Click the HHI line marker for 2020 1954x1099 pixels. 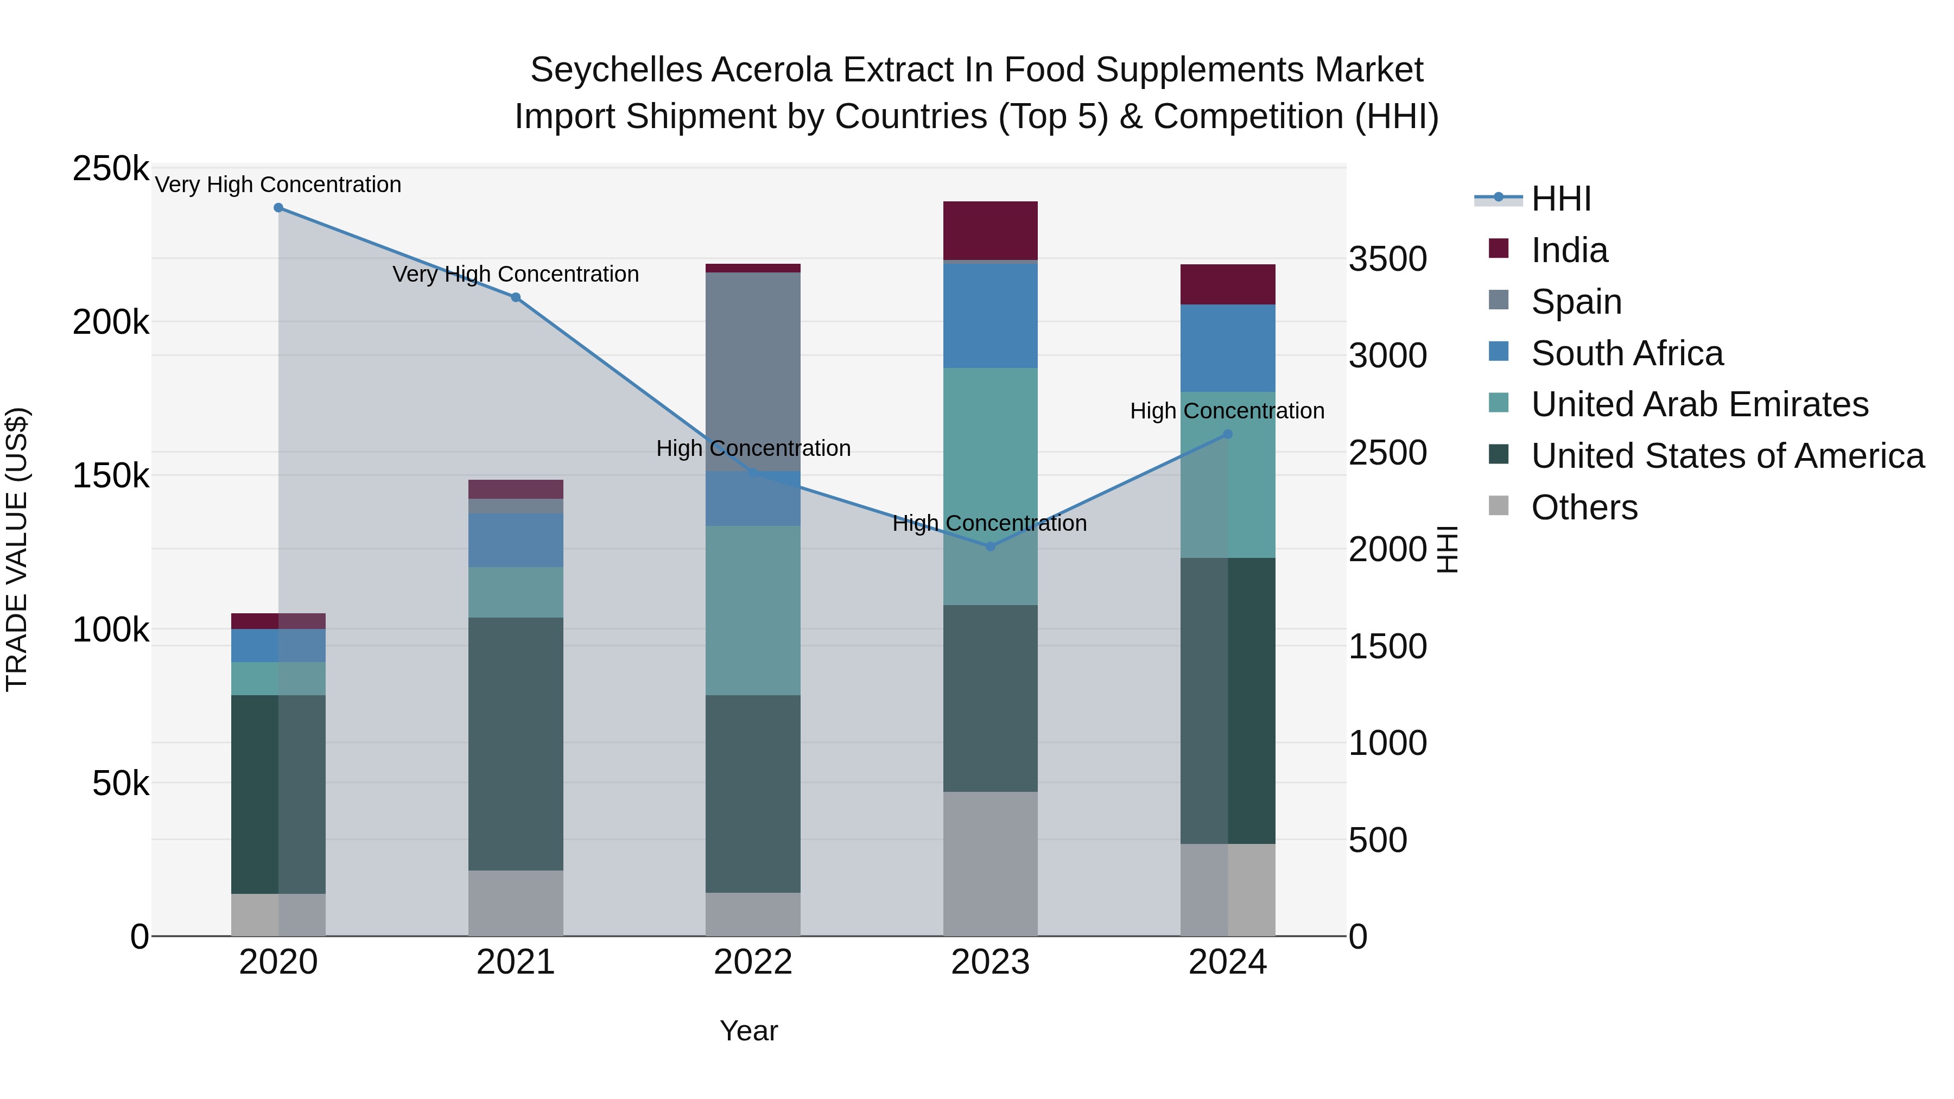click(x=278, y=208)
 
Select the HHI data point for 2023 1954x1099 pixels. click(x=990, y=546)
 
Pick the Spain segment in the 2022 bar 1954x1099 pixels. click(x=752, y=372)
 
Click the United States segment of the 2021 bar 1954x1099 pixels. click(x=516, y=744)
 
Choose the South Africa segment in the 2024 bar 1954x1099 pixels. click(x=1227, y=348)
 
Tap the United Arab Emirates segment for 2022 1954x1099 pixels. click(x=752, y=611)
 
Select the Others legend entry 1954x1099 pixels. click(x=1584, y=507)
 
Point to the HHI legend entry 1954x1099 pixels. click(x=1560, y=199)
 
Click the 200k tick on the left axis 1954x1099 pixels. click(x=111, y=323)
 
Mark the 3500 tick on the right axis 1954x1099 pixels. click(x=1387, y=259)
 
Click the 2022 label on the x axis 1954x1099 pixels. click(x=752, y=962)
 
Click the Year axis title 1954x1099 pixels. click(x=748, y=1031)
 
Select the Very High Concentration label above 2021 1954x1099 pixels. click(x=516, y=274)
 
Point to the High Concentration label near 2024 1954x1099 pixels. click(x=1227, y=411)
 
